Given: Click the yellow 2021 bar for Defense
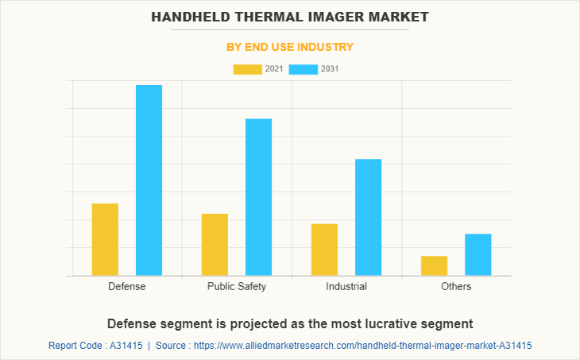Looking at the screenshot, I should click(105, 239).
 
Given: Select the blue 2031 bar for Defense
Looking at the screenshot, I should click(149, 180).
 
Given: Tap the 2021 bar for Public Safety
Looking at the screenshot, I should click(215, 244).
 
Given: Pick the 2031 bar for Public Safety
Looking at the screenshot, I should click(258, 196).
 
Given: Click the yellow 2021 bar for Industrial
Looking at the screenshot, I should click(324, 250).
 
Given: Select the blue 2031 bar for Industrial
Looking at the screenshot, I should click(368, 217).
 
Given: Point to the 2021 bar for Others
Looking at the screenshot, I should click(434, 265).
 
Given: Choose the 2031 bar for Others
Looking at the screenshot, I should click(478, 254).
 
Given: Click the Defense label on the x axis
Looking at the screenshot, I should click(127, 286).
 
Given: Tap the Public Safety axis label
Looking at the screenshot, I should click(237, 286).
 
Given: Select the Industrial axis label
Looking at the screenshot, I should click(346, 286).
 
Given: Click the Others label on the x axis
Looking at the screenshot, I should click(456, 286).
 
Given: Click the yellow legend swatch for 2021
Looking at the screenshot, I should click(247, 69).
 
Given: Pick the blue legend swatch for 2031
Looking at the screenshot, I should click(303, 69).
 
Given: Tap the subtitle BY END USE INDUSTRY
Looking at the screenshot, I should click(290, 47).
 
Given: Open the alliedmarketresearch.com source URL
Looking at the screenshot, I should click(362, 346).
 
